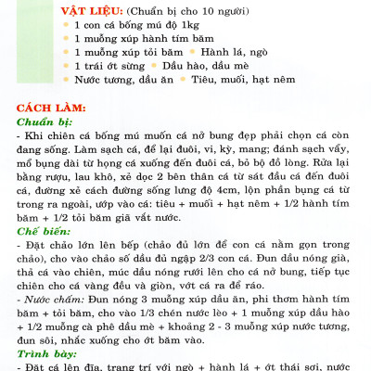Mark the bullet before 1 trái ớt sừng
click(x=65, y=68)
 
